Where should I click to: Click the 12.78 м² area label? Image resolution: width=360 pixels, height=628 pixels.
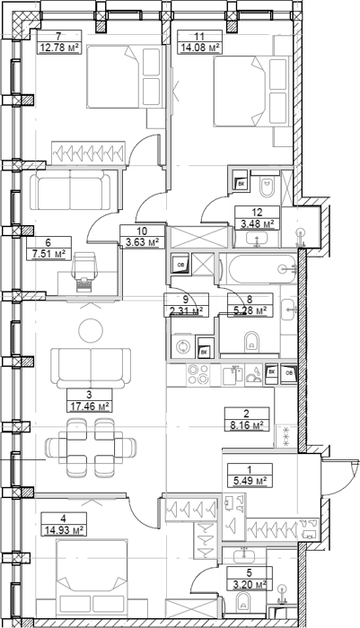(x=58, y=48)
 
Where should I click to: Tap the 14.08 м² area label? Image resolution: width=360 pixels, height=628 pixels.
(x=199, y=48)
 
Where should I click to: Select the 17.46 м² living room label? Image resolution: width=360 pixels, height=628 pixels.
(x=89, y=407)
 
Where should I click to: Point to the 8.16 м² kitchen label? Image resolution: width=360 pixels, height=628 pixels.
(x=247, y=425)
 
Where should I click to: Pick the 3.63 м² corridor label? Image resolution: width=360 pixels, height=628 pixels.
(x=143, y=243)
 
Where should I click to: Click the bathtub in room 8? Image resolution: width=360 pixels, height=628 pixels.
(x=259, y=269)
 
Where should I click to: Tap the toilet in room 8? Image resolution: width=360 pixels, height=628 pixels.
(x=252, y=340)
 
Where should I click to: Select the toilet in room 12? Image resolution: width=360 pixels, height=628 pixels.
(x=267, y=188)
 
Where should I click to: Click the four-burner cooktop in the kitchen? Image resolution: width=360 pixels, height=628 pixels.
(x=198, y=374)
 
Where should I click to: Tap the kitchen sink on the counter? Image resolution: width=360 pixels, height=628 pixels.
(x=233, y=375)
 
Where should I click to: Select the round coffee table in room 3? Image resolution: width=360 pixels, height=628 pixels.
(x=90, y=330)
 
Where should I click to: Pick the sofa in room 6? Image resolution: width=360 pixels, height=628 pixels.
(x=71, y=189)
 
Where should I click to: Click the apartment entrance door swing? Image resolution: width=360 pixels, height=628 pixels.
(x=337, y=479)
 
